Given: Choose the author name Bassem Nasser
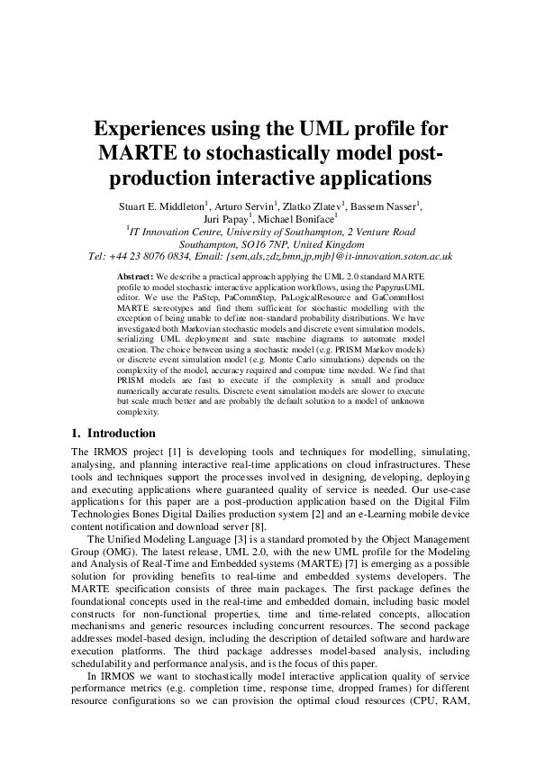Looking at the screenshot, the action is (x=384, y=207).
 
